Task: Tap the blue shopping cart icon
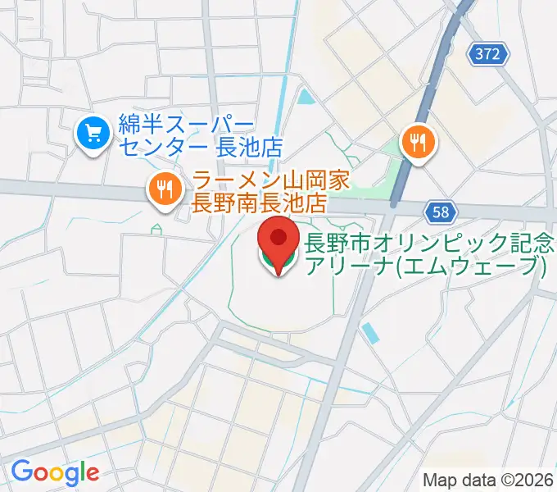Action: (x=93, y=134)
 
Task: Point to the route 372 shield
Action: (x=489, y=55)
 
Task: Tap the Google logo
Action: (x=55, y=472)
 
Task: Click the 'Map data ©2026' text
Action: (x=487, y=480)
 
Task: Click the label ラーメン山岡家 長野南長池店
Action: (x=260, y=190)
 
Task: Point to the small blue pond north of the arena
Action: (x=306, y=98)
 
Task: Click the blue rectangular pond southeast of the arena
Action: (x=370, y=332)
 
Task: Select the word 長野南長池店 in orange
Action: (x=260, y=202)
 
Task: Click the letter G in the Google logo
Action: (x=23, y=471)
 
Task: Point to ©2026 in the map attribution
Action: (x=525, y=480)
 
